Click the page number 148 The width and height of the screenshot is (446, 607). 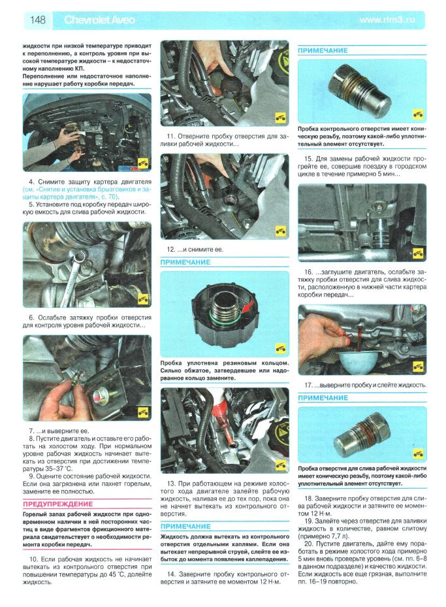click(x=37, y=20)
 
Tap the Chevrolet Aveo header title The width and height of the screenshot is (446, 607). click(x=99, y=20)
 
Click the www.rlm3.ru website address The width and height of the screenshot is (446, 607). click(x=387, y=20)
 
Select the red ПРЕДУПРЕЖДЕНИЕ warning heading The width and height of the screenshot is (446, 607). click(x=57, y=504)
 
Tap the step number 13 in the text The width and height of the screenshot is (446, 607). click(x=171, y=484)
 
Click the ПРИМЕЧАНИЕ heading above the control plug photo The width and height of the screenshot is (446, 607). click(x=323, y=50)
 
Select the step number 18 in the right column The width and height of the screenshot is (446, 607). click(x=308, y=499)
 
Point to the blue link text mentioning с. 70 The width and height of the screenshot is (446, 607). click(x=86, y=193)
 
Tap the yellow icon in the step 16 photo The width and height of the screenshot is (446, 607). click(x=418, y=254)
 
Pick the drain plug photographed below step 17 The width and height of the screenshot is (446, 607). click(x=358, y=435)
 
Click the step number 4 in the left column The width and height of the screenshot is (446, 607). click(x=31, y=182)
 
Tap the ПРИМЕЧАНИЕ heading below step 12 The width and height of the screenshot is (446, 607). click(x=185, y=262)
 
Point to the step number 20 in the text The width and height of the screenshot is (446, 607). click(x=308, y=544)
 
